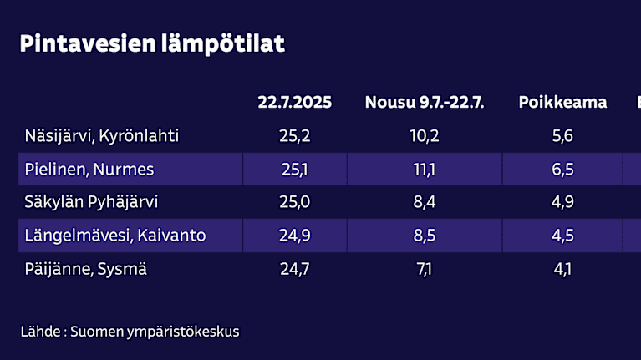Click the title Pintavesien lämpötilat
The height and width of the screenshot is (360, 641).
(x=151, y=43)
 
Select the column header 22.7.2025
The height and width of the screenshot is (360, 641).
(x=294, y=103)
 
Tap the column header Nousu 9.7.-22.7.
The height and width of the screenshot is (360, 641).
(x=425, y=103)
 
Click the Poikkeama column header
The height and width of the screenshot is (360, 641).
(x=562, y=103)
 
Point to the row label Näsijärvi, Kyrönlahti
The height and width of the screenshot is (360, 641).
(x=101, y=135)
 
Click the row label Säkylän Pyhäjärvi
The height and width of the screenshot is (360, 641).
(x=91, y=202)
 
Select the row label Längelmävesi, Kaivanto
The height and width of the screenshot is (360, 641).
(x=115, y=236)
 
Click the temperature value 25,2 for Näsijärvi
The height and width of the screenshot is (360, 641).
(x=294, y=135)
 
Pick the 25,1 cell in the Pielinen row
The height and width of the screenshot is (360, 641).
(x=294, y=170)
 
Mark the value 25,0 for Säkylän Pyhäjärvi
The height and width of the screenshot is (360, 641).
(x=294, y=202)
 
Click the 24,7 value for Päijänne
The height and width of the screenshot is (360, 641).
(x=294, y=269)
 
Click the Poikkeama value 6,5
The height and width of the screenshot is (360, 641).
(x=563, y=170)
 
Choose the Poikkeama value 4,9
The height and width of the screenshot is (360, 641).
(x=563, y=202)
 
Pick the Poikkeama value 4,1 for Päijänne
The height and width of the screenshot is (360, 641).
(x=563, y=269)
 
